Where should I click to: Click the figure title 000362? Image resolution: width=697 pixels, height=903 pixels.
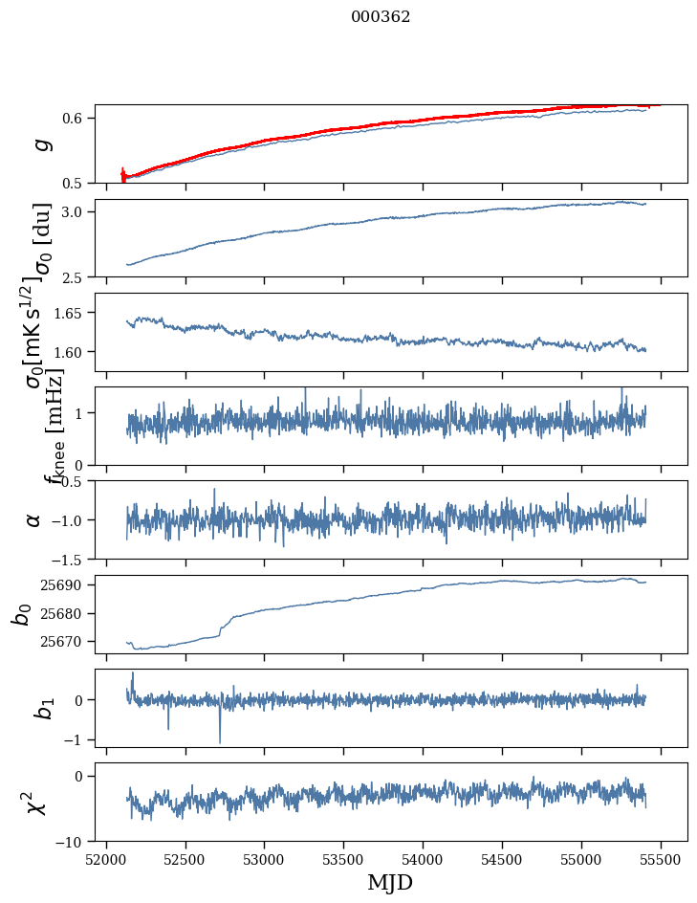(x=381, y=17)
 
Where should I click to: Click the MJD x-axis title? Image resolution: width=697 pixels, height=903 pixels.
(x=390, y=882)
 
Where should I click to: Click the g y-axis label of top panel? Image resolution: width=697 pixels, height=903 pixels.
(x=39, y=144)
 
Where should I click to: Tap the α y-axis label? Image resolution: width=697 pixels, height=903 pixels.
(x=33, y=519)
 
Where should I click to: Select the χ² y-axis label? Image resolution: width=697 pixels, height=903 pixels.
(x=35, y=803)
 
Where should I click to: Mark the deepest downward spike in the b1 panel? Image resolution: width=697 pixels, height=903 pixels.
(x=220, y=741)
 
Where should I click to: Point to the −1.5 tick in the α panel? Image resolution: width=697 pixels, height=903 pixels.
(x=72, y=559)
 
